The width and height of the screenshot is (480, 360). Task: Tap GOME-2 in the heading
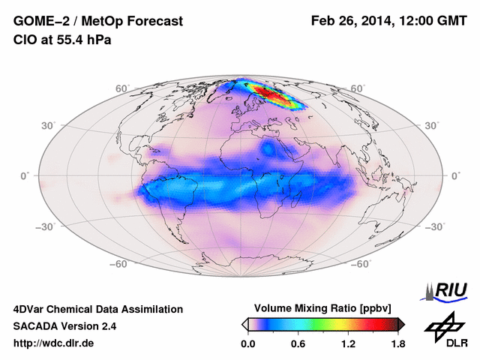coord(37,22)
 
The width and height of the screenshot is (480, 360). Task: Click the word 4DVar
coord(32,309)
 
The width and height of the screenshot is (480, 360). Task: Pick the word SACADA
coord(35,326)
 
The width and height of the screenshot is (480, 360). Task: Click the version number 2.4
coord(106,326)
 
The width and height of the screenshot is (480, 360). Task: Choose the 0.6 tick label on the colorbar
coord(298,343)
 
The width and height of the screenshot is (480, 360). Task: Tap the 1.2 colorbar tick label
coord(347,343)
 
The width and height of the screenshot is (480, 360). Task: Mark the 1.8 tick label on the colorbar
coord(397,343)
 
